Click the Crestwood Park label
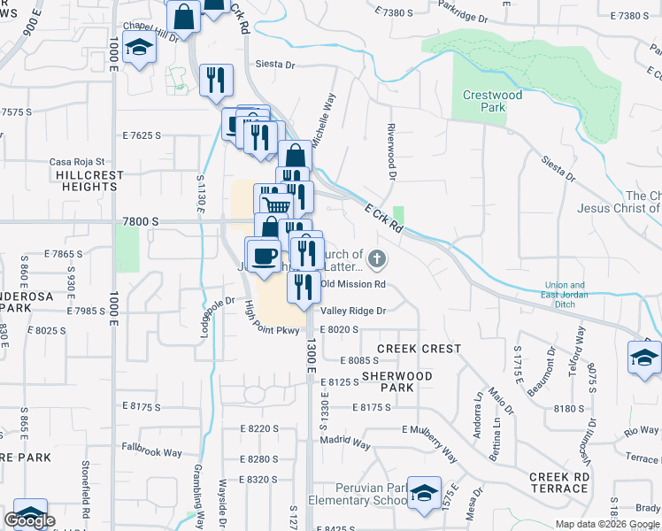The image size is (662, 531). pos(493,101)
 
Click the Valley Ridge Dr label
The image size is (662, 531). pos(354,311)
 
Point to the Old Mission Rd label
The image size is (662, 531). pos(353,284)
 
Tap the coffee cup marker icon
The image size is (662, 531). pos(263,255)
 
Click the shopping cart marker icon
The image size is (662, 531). pos(277,205)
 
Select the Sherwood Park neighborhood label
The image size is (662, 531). pos(397,382)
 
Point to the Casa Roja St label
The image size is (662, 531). pos(77,162)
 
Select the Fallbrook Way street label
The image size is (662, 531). pos(151,452)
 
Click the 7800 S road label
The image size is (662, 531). pos(141,220)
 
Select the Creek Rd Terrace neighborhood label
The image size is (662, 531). pos(559,483)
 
